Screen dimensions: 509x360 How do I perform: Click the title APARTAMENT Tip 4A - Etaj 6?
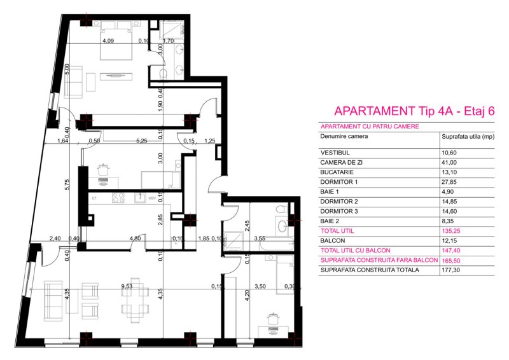click(x=414, y=111)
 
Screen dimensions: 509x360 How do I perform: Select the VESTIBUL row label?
click(x=335, y=153)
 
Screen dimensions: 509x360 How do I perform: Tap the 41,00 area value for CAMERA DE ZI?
click(x=449, y=163)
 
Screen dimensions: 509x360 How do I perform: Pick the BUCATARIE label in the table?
click(x=337, y=172)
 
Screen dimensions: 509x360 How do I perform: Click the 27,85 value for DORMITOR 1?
click(x=449, y=182)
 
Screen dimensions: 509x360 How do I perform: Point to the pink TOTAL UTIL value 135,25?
click(x=451, y=231)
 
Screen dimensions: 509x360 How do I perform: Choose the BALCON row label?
click(x=333, y=241)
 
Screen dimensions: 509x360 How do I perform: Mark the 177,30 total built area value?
click(x=451, y=270)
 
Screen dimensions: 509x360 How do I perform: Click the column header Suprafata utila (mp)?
click(x=468, y=137)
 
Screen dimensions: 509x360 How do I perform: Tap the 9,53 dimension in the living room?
click(x=127, y=286)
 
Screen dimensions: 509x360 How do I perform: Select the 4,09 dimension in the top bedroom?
click(x=108, y=41)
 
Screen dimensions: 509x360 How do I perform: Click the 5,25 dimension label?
click(x=141, y=141)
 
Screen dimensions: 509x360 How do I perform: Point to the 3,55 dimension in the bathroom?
click(x=260, y=239)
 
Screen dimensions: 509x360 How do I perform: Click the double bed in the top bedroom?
click(x=116, y=41)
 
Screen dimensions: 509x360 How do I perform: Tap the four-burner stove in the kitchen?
click(x=118, y=198)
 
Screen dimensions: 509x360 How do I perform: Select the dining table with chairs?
click(x=136, y=300)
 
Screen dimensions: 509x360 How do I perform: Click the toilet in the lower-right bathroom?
click(x=281, y=208)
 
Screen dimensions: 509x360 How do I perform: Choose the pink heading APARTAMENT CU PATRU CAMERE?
click(x=370, y=127)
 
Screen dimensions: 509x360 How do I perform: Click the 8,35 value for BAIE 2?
click(x=449, y=221)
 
